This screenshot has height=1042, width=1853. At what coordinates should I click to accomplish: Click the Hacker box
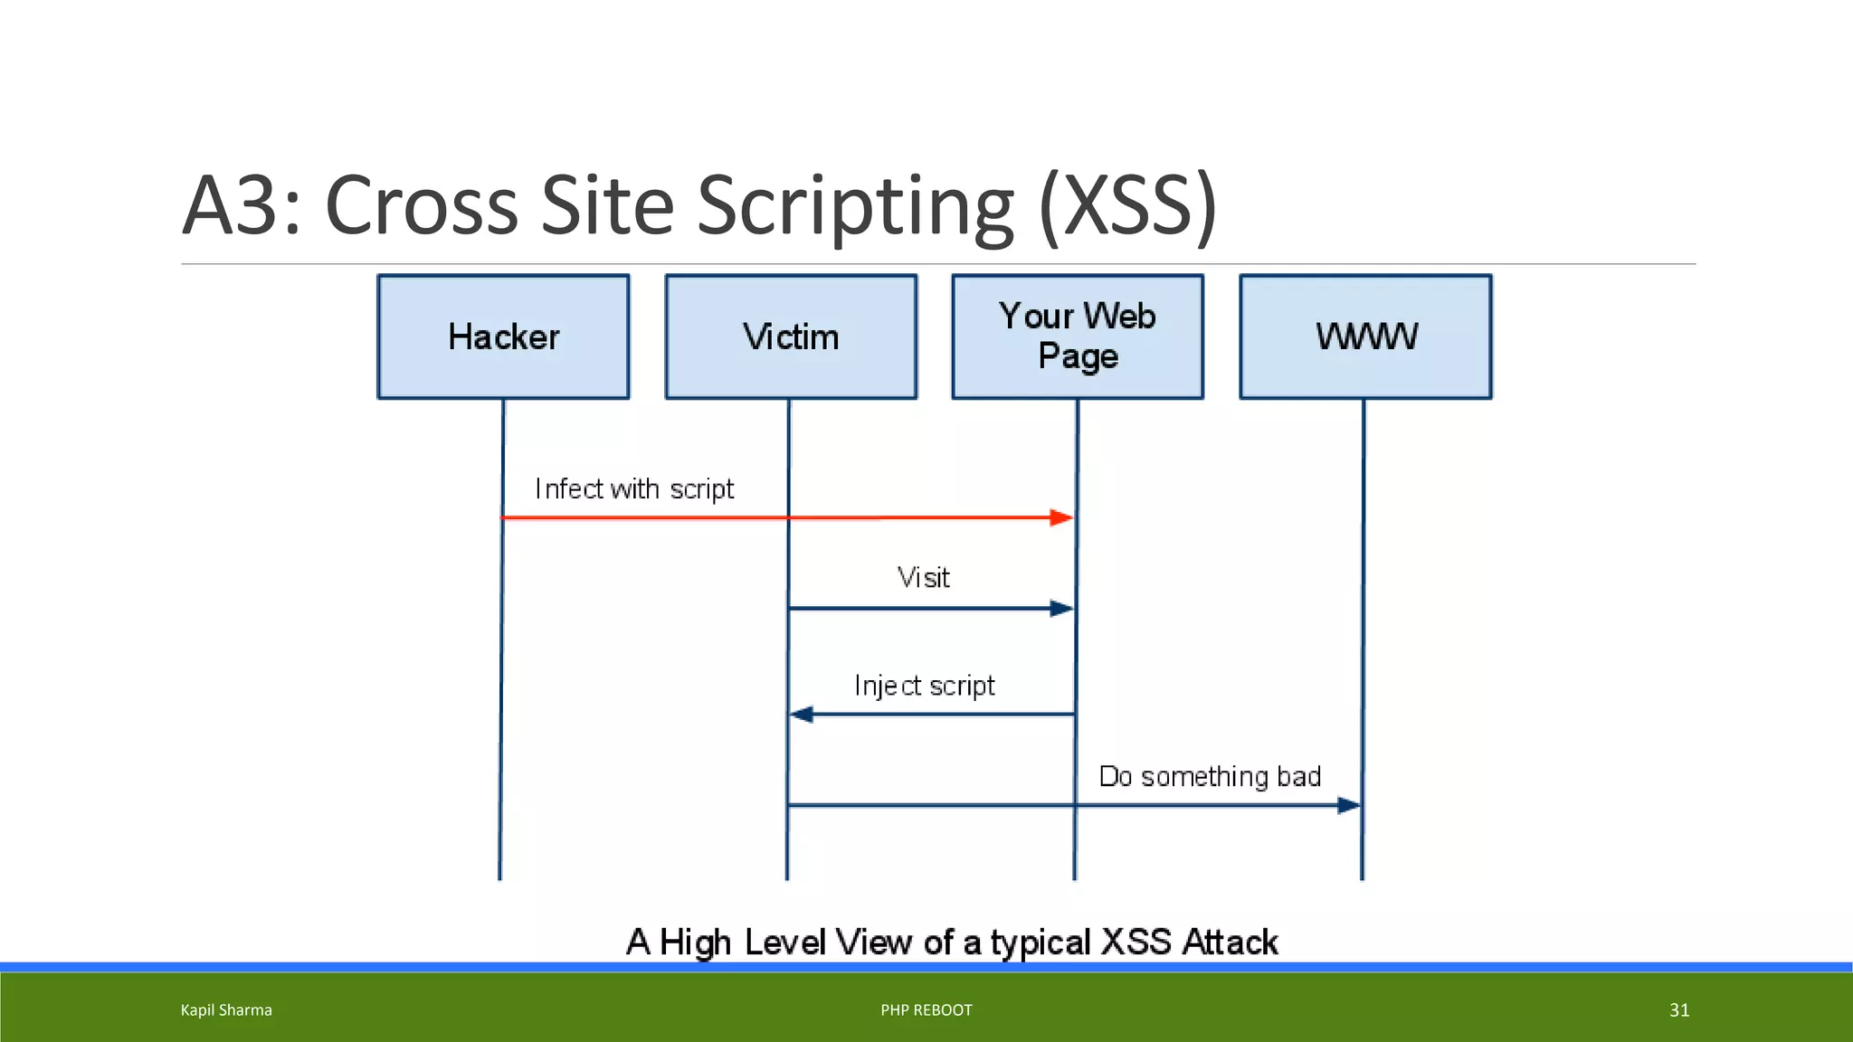point(503,336)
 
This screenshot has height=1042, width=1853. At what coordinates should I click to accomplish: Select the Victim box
point(791,336)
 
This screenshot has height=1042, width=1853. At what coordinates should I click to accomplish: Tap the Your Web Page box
point(1078,336)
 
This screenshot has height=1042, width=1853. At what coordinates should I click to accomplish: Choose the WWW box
point(1365,336)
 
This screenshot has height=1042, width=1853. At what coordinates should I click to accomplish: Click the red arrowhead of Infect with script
point(1060,518)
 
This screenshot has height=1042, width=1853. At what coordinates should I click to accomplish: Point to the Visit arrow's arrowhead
point(1060,609)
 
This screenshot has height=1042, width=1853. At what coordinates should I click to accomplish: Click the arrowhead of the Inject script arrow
point(803,715)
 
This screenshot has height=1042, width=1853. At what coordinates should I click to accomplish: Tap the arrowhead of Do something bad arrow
point(1348,805)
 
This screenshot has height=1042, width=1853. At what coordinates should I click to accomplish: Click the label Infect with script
point(634,489)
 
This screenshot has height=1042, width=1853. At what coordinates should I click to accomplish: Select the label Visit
point(924,578)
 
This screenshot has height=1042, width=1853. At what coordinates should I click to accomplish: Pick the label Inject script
point(924,686)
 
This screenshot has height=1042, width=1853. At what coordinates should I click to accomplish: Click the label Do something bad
point(1210,776)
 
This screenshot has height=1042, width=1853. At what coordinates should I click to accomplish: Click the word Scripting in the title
point(855,206)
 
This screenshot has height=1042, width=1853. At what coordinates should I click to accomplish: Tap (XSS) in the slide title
point(1127,206)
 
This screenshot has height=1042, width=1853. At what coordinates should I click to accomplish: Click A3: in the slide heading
point(241,206)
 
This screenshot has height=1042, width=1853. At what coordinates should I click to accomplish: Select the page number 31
point(1679,1010)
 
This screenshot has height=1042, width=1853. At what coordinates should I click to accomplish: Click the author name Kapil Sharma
point(226,1010)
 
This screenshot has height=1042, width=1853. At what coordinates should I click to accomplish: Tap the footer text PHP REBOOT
point(926,1010)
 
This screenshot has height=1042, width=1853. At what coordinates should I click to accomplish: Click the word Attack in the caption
point(1230,943)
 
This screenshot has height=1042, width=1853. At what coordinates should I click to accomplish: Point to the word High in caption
point(695,943)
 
